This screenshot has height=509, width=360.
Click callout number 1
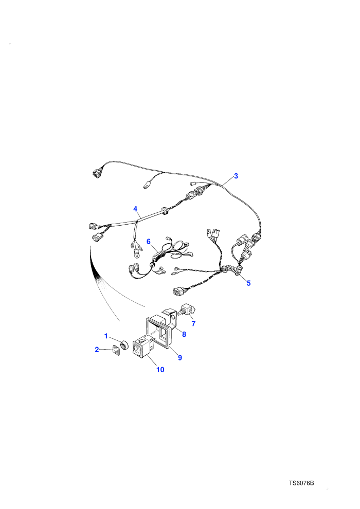(x=106, y=336)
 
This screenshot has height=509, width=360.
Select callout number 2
(x=97, y=350)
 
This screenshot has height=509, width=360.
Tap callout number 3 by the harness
(x=236, y=176)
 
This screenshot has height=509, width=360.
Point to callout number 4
(x=135, y=209)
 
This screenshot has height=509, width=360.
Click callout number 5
(x=248, y=283)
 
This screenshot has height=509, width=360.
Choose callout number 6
(x=149, y=242)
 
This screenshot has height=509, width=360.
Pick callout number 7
(x=194, y=323)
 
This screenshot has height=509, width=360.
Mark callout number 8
(x=184, y=334)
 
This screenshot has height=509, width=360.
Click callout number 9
(x=180, y=357)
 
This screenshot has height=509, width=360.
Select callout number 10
(x=160, y=370)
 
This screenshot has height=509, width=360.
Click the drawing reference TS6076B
(x=301, y=483)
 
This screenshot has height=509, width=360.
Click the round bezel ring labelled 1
(x=124, y=345)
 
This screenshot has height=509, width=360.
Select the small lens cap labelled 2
(x=116, y=351)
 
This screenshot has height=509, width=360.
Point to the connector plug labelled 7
(x=187, y=310)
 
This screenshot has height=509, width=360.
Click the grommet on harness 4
(x=165, y=210)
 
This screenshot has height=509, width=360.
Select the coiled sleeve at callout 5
(x=231, y=269)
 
